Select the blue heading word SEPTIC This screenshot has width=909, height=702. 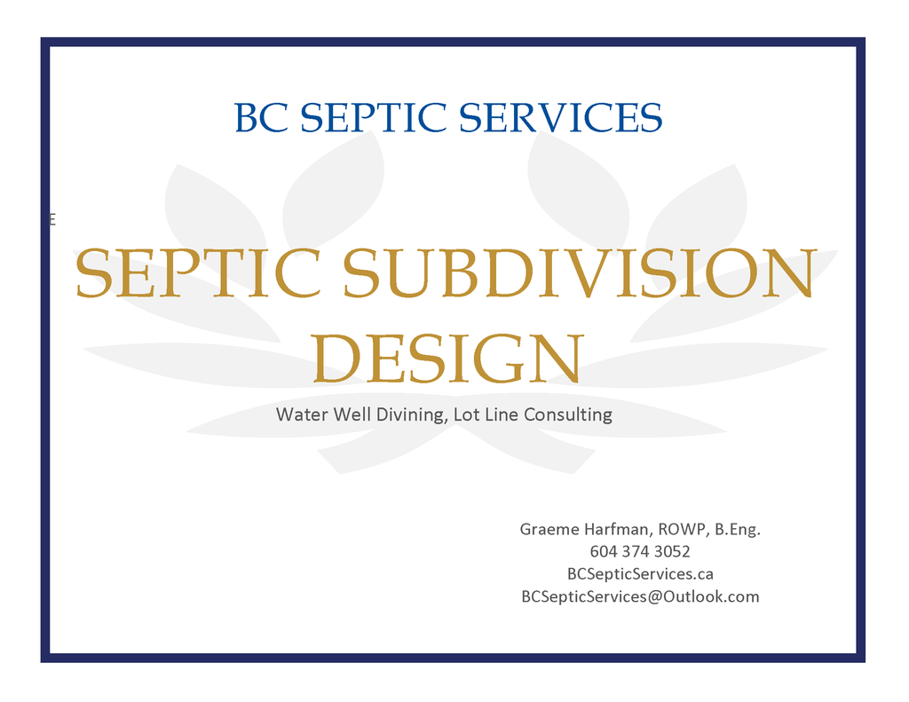(x=374, y=118)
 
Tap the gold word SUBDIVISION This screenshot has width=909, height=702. (x=579, y=274)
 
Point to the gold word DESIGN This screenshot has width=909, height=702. (x=448, y=359)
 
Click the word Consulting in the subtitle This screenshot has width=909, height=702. (x=568, y=414)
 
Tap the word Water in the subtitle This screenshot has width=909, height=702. (x=302, y=414)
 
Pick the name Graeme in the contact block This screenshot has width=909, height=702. (x=549, y=530)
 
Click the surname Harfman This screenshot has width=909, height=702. (x=619, y=530)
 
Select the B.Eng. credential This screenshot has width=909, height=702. (x=738, y=530)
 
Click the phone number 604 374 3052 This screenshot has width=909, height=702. (x=639, y=552)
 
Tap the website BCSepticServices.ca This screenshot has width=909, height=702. (x=639, y=574)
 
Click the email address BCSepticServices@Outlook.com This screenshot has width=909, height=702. (x=639, y=596)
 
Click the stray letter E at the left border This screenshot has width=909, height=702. (x=52, y=220)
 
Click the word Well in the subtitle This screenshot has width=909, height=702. (x=352, y=414)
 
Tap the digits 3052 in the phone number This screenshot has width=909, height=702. (x=672, y=552)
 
